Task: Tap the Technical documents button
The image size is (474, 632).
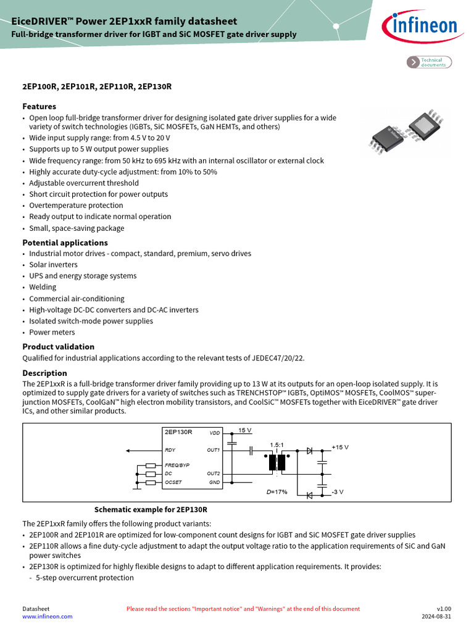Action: tap(430, 62)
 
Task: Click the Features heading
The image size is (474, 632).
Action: tap(39, 106)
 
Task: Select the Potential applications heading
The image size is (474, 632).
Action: tap(65, 243)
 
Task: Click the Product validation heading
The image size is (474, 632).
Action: tap(59, 346)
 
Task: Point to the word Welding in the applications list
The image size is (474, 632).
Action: tap(43, 287)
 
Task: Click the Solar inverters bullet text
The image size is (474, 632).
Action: tap(53, 265)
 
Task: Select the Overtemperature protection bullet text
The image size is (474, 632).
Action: tap(76, 206)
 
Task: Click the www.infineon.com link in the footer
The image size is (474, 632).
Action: tap(48, 617)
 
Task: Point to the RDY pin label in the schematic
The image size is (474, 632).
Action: tap(170, 450)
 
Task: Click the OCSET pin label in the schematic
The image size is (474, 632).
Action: tap(173, 482)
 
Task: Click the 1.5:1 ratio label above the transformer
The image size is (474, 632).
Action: tap(276, 445)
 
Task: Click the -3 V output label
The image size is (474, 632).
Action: tap(338, 492)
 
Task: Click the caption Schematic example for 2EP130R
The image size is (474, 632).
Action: tap(151, 510)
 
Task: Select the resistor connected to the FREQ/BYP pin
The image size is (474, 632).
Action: tap(151, 465)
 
